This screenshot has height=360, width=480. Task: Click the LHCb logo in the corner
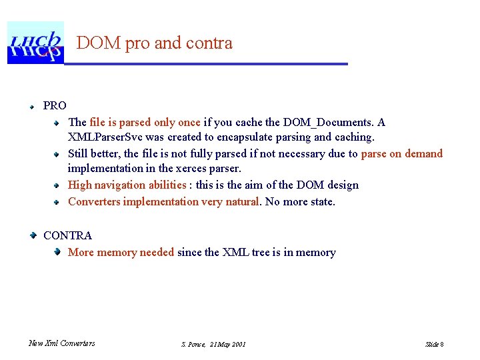pos(35,43)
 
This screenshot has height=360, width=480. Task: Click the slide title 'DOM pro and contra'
pos(155,43)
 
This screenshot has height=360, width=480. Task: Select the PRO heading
pos(55,105)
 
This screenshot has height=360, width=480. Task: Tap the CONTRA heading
pos(67,235)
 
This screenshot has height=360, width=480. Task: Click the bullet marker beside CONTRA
pos(32,235)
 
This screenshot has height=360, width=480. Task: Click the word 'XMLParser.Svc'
pos(101,137)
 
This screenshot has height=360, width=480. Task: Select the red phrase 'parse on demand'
pos(401,153)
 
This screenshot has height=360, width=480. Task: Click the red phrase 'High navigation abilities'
pos(127,185)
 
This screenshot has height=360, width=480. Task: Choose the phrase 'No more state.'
pos(300,201)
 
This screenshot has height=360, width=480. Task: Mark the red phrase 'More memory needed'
pos(121,252)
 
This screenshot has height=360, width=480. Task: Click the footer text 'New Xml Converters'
pos(62,343)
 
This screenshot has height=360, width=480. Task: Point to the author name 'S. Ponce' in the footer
pos(193,344)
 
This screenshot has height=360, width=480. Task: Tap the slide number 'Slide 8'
pos(435,344)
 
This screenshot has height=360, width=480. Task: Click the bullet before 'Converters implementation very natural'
pos(58,201)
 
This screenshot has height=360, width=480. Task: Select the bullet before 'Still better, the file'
pos(58,153)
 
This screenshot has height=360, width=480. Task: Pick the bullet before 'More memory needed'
pos(58,252)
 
